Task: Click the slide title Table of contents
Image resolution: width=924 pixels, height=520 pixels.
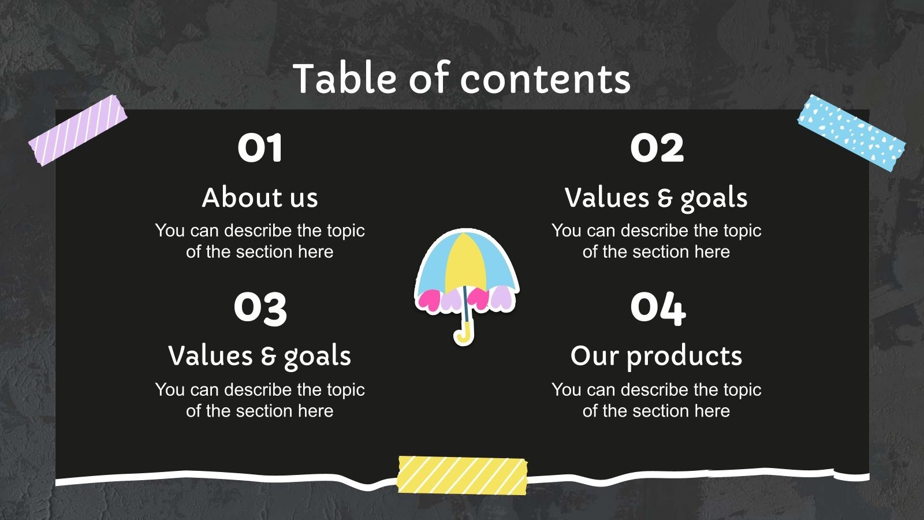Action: [x=461, y=79]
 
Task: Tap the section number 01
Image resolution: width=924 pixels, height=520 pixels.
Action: [x=260, y=148]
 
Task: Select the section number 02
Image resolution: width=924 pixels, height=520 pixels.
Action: [x=657, y=148]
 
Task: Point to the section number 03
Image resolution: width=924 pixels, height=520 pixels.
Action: [x=260, y=307]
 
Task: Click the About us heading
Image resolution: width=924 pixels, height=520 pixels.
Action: [x=260, y=198]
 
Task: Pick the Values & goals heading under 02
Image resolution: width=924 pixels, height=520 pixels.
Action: [x=656, y=198]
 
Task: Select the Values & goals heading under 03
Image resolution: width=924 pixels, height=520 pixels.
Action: [x=260, y=356]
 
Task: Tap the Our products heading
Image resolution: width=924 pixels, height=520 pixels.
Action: [x=656, y=356]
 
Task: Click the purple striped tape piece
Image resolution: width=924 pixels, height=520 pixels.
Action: [x=78, y=131]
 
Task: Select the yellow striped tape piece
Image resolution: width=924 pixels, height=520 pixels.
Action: [x=462, y=475]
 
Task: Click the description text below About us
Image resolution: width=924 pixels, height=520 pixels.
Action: [x=260, y=241]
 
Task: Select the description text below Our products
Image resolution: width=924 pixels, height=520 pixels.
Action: [x=656, y=400]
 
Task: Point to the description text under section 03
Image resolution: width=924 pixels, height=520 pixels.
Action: [x=260, y=400]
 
